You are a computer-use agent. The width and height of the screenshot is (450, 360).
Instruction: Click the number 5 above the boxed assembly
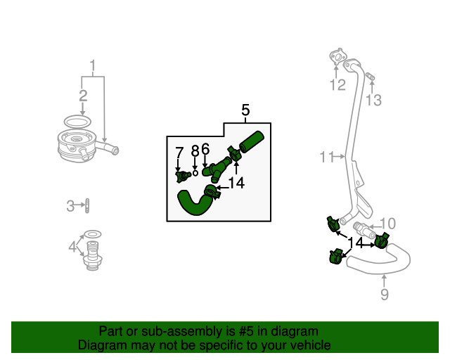tap(245, 110)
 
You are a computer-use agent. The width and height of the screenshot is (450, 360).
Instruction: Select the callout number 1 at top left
tap(92, 67)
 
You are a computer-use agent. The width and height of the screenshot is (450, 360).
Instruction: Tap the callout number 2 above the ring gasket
tap(83, 96)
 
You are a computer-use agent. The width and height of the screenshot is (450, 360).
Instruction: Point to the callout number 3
tap(70, 206)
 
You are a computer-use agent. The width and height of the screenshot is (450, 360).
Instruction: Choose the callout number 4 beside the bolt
tap(72, 247)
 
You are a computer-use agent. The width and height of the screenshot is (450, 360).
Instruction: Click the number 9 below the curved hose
tap(384, 295)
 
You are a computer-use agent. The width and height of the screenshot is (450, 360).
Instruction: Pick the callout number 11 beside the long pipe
tap(326, 157)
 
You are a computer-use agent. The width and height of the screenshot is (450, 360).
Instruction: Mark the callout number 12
tap(338, 85)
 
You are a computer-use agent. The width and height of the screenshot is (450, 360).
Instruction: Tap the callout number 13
tap(373, 101)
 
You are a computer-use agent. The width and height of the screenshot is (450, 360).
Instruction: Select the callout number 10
tap(388, 224)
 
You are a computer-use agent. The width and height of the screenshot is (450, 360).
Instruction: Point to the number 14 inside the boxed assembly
tap(236, 183)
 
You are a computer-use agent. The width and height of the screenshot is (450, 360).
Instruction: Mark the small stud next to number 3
tap(87, 206)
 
